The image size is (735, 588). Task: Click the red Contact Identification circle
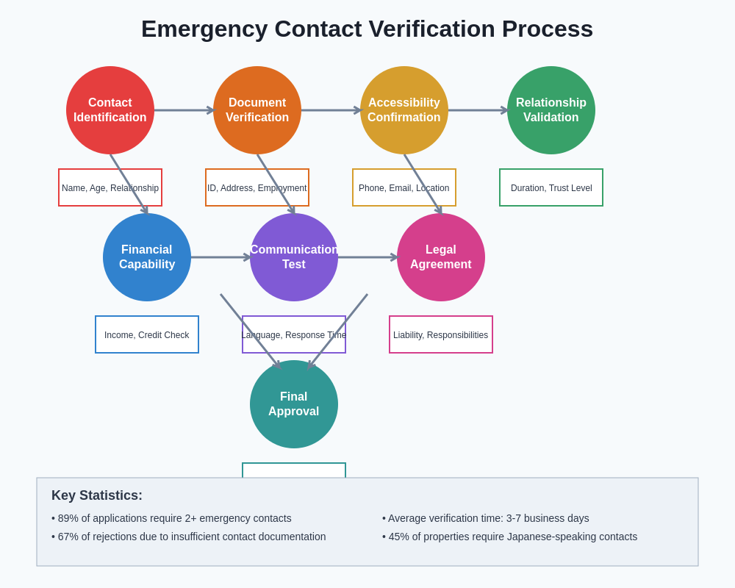tap(110, 110)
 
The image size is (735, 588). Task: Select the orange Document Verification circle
tap(257, 110)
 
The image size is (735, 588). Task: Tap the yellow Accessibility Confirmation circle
tap(404, 110)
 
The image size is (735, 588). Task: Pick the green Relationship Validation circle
tap(551, 110)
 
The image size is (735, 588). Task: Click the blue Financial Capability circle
tap(147, 257)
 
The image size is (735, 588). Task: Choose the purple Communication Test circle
tap(294, 257)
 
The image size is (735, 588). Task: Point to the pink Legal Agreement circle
tap(441, 257)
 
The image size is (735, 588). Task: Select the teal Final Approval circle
tap(294, 404)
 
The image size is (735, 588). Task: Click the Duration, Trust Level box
tap(551, 187)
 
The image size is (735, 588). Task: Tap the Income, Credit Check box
tap(147, 334)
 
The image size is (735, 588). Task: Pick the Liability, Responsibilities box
tap(441, 334)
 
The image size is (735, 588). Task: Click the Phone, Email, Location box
tap(404, 187)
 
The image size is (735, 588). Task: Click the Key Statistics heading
tap(97, 495)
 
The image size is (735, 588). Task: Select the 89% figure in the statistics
tap(68, 518)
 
